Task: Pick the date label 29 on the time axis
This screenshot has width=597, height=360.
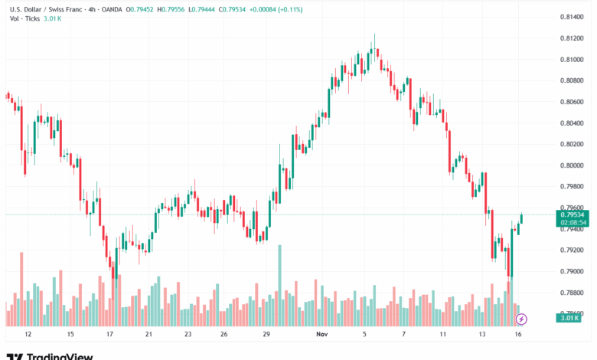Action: click(x=266, y=335)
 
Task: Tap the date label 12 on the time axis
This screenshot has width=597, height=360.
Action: click(x=28, y=335)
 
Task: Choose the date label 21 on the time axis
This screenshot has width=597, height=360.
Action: click(x=148, y=335)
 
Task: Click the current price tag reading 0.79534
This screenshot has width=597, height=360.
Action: click(x=573, y=214)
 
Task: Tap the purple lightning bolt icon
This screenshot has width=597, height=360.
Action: click(x=522, y=318)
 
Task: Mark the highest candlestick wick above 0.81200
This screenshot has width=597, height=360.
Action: click(x=374, y=37)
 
